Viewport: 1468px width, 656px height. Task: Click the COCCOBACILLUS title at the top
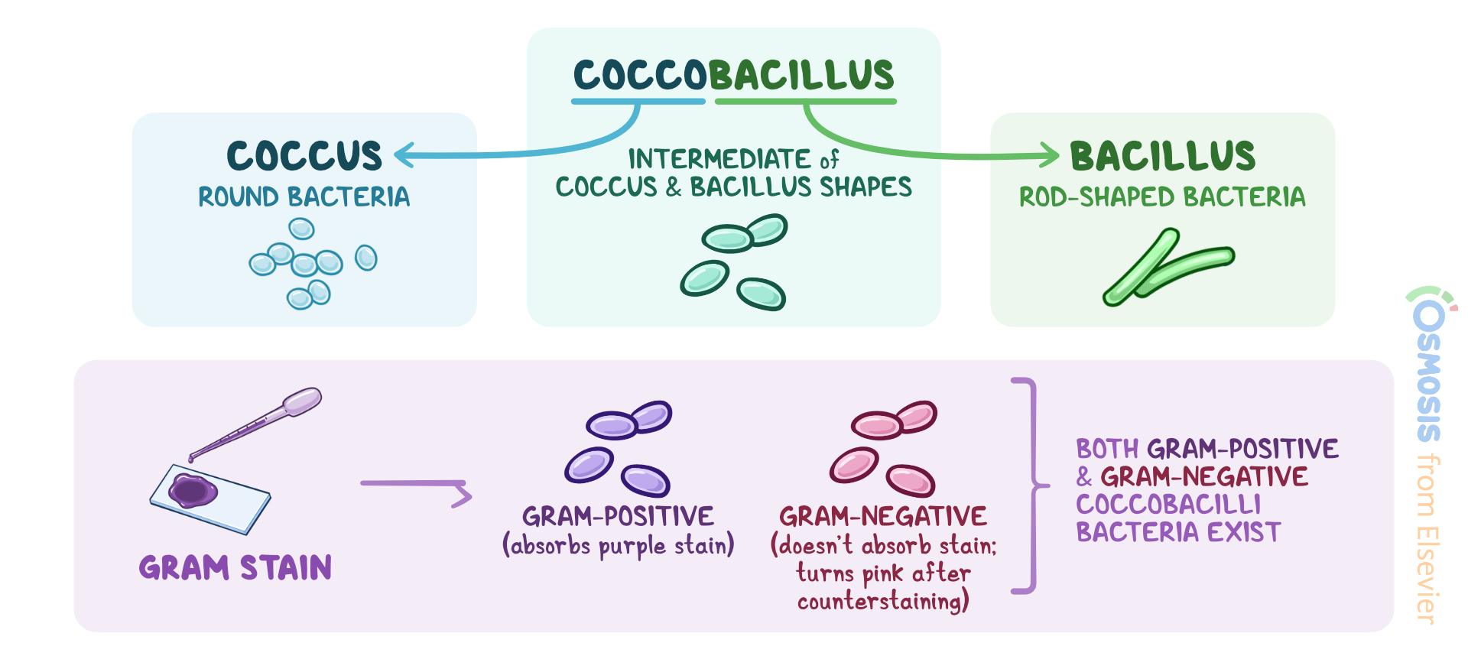(733, 75)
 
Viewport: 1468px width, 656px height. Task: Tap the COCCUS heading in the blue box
(304, 156)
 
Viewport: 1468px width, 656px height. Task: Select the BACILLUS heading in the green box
(1162, 156)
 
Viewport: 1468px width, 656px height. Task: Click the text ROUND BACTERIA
(304, 197)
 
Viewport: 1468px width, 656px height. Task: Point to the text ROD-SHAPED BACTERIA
(1162, 197)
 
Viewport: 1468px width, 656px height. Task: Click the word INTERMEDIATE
(719, 159)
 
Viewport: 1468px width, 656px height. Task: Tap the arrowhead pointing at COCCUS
(404, 155)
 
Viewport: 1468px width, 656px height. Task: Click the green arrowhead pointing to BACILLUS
(1049, 155)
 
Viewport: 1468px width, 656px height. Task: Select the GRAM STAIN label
(235, 568)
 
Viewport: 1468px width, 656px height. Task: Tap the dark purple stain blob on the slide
(192, 490)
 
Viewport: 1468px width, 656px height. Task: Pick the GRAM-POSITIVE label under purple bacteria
(618, 517)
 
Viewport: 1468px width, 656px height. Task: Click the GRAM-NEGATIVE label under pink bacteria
(883, 517)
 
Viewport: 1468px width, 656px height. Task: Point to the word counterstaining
(882, 602)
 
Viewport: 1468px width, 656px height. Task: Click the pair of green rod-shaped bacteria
(1166, 268)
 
